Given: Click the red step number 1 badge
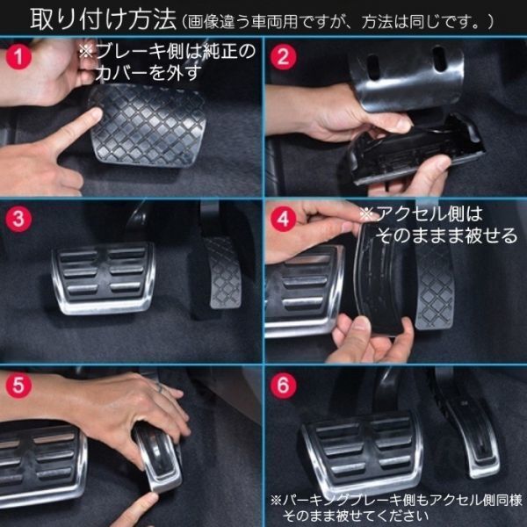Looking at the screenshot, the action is coord(18,56).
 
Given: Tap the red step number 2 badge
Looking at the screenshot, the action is coord(284,56).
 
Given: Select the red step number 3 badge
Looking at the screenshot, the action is coord(18,219).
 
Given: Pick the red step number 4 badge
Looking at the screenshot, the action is coord(284,219).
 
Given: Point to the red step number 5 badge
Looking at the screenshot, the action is coord(18,386).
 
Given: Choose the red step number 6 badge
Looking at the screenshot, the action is coord(284,386).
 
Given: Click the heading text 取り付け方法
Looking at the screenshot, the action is coord(103,20).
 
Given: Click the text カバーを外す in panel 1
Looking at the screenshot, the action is coord(148,73).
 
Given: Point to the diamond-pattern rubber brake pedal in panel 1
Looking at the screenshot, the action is coord(148,125).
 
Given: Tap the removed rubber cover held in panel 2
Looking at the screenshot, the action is coord(415,151).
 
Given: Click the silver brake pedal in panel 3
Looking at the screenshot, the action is coord(104,278).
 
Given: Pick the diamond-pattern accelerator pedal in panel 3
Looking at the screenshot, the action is coord(223,272).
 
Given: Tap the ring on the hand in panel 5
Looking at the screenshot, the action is coord(160,388).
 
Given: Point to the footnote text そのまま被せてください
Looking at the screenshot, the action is coord(355,516).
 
